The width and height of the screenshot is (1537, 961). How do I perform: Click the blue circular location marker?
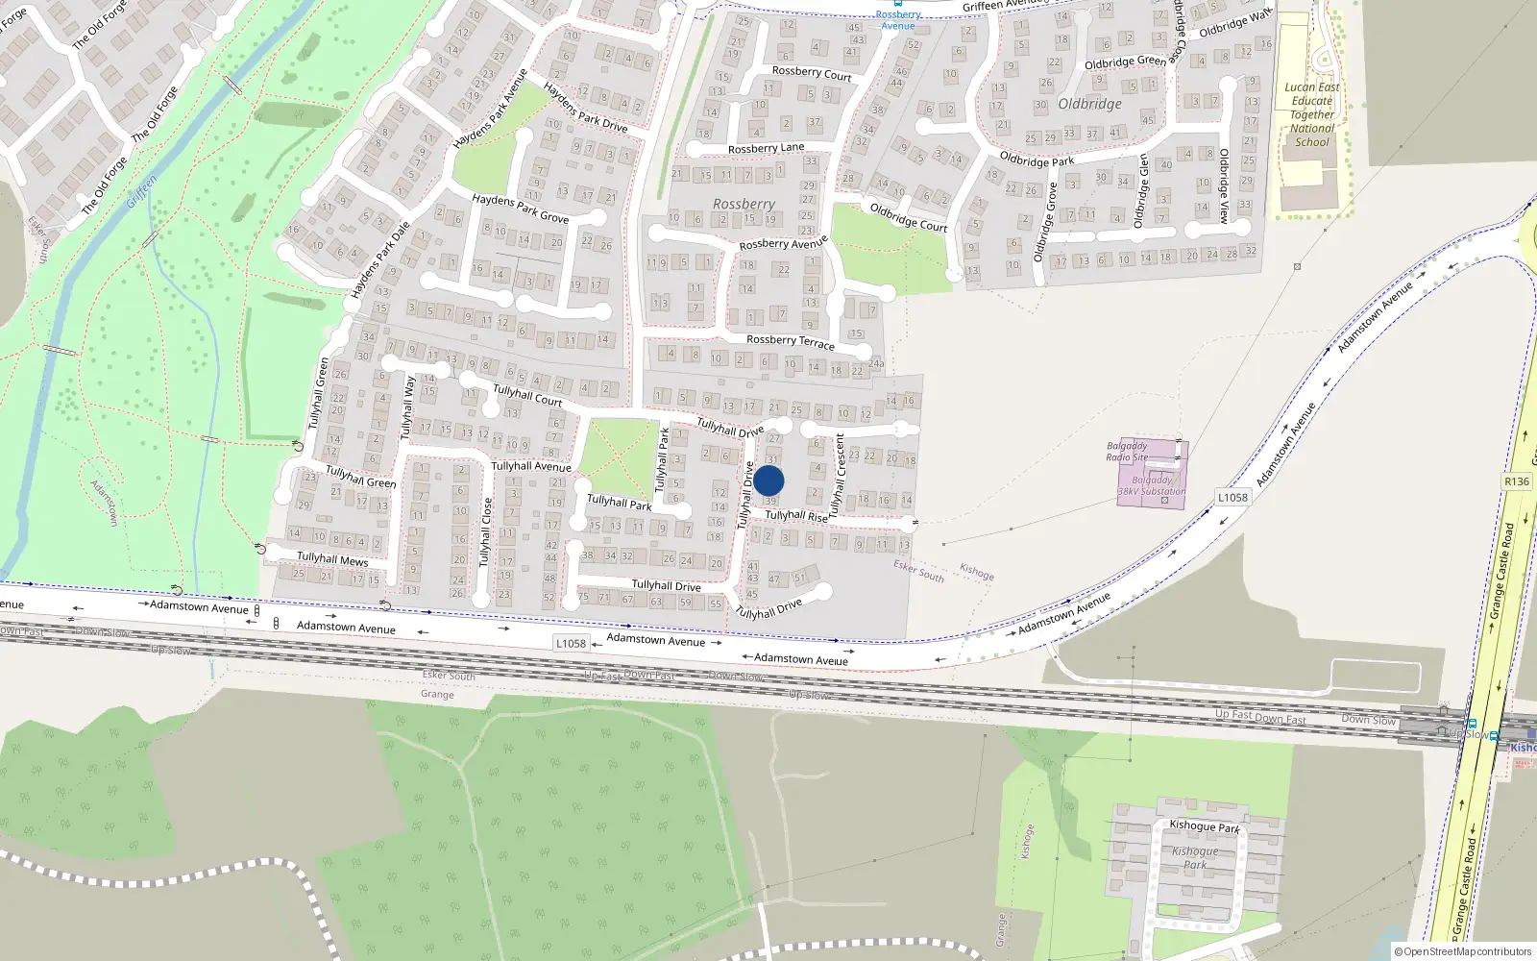click(768, 480)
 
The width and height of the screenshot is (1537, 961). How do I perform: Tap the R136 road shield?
click(1517, 481)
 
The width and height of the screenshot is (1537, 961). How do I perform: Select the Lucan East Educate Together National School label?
click(1312, 114)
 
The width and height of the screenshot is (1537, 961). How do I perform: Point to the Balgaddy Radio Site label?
click(1127, 452)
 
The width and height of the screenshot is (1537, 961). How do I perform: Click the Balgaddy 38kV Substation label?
click(1152, 485)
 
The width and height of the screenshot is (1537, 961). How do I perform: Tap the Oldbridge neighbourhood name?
click(1089, 104)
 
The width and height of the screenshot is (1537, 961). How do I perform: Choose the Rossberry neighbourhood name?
click(744, 204)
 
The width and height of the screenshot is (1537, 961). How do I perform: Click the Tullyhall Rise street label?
click(796, 516)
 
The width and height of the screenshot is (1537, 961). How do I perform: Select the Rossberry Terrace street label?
click(791, 341)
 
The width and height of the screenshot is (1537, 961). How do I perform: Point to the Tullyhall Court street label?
click(527, 394)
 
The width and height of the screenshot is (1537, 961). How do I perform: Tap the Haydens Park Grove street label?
click(520, 208)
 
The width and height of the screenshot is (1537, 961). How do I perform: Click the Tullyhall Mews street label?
click(332, 558)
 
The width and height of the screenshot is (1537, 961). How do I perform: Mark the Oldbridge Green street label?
click(1125, 62)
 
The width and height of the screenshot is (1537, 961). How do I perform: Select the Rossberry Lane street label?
click(766, 148)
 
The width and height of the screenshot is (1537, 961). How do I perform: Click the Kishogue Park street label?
click(1205, 825)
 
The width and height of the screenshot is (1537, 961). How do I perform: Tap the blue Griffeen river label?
click(142, 191)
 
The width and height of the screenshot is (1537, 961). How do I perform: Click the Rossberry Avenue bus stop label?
click(898, 20)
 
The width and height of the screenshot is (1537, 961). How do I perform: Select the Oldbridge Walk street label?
click(1235, 23)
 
